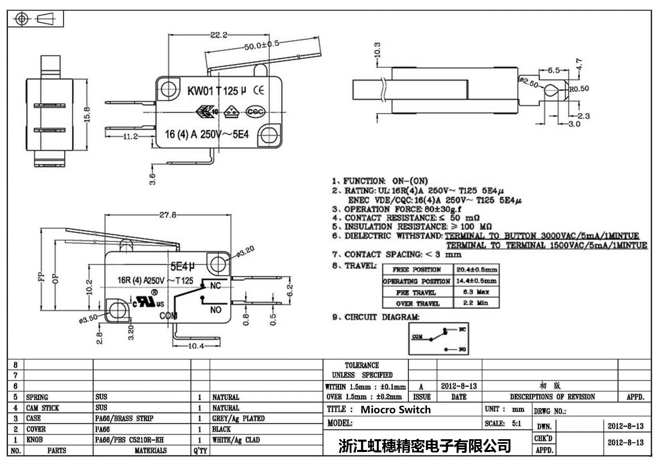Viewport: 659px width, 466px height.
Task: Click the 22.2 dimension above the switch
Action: [219, 35]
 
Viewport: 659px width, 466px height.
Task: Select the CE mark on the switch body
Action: [259, 90]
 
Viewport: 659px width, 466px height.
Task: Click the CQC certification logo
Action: [255, 112]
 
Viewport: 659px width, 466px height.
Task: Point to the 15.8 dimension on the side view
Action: [87, 115]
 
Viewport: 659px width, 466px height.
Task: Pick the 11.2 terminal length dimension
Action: [130, 136]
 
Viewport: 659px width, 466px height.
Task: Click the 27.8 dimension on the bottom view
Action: [168, 215]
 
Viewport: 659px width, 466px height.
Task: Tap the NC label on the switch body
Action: [215, 286]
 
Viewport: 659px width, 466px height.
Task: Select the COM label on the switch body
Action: [168, 316]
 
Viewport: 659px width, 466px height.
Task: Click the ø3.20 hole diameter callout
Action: [245, 251]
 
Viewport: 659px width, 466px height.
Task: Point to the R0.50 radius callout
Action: [579, 89]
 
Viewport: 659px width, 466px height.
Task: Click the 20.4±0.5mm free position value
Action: [477, 269]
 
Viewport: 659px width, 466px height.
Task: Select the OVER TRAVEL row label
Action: [418, 303]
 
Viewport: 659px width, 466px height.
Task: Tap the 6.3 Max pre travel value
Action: [476, 292]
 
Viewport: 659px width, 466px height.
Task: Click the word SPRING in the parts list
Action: [37, 397]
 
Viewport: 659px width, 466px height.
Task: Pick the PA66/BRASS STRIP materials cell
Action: [124, 418]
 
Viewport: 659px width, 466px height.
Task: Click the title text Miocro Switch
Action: [395, 410]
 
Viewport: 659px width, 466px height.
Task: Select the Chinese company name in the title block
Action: [425, 445]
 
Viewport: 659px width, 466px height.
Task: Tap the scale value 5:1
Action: [516, 423]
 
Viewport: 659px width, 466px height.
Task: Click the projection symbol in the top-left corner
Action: [35, 19]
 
